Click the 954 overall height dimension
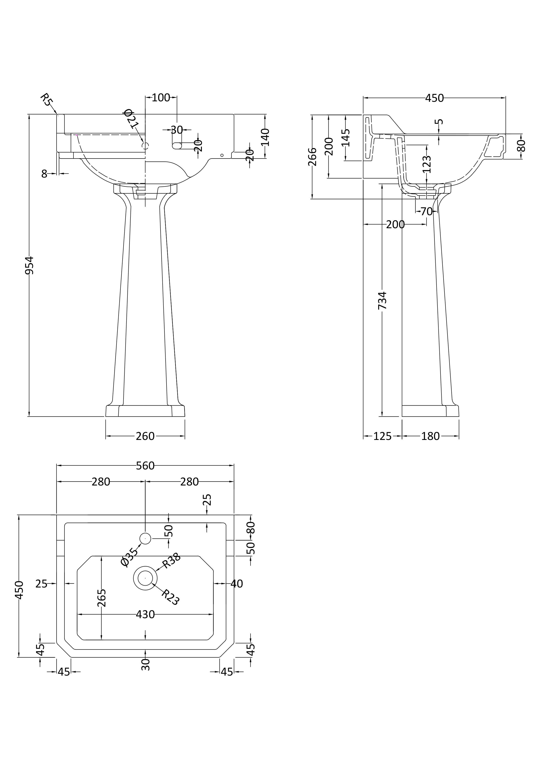pyautogui.click(x=30, y=265)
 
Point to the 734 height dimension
pyautogui.click(x=382, y=300)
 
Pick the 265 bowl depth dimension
pyautogui.click(x=101, y=597)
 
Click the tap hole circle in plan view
pyautogui.click(x=145, y=538)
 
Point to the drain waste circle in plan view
pyautogui.click(x=145, y=578)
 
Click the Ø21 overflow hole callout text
pyautogui.click(x=131, y=119)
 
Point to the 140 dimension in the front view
pyautogui.click(x=265, y=137)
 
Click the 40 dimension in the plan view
pyautogui.click(x=237, y=584)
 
